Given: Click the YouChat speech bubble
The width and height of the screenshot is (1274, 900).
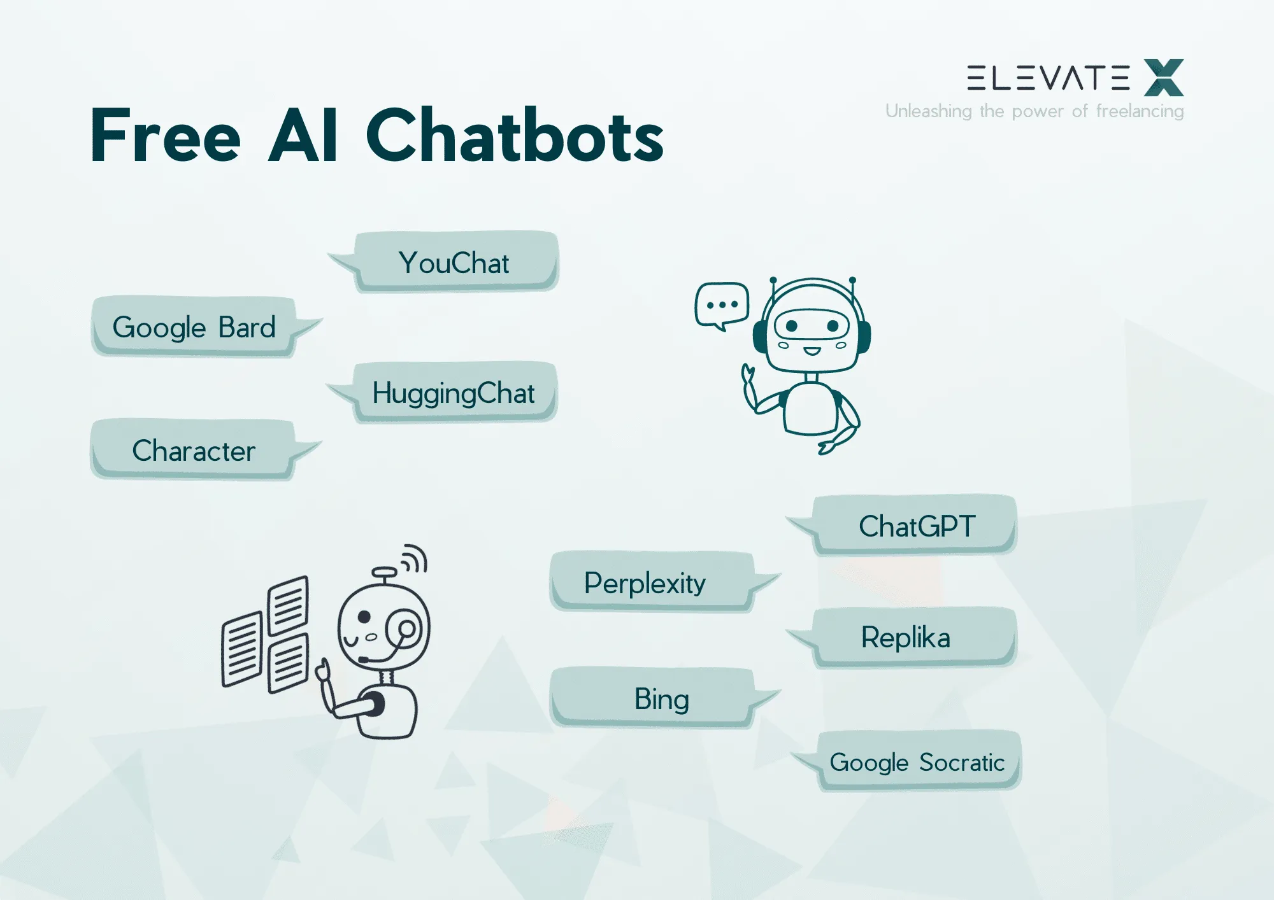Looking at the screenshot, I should coord(455,262).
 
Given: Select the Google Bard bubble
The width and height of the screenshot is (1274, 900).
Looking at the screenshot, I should coord(194,327).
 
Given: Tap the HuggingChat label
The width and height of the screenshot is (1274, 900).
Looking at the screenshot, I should coord(454,393).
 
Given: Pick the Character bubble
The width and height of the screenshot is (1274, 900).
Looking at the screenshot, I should coord(194,450).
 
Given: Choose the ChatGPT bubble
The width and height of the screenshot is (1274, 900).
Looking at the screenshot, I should coord(916,526).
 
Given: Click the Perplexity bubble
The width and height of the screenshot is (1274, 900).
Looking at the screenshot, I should coord(645,582).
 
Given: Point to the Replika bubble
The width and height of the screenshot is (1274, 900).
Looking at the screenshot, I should coord(906,637).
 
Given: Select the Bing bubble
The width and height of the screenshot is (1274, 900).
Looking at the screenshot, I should coord(661,698).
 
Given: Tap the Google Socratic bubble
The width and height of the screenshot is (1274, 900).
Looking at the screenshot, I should coord(917,762).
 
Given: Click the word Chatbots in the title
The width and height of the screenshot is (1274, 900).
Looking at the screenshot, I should coord(515,136).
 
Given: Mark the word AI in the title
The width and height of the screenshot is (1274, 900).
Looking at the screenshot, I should coord(303,136).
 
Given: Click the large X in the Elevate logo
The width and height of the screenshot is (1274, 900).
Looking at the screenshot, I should coord(1163,78).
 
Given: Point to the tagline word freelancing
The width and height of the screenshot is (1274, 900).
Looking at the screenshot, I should coord(1140,111).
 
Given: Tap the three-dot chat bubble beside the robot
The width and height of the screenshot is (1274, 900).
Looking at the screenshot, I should coord(722,305).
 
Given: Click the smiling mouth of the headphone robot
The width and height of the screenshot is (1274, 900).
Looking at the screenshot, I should coord(811,351).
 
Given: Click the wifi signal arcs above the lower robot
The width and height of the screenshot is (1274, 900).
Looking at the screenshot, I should coord(415,558).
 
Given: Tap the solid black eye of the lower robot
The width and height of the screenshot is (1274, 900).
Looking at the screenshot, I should coord(364,617).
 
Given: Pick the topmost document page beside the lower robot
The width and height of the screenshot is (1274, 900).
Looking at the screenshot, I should coord(288,605).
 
